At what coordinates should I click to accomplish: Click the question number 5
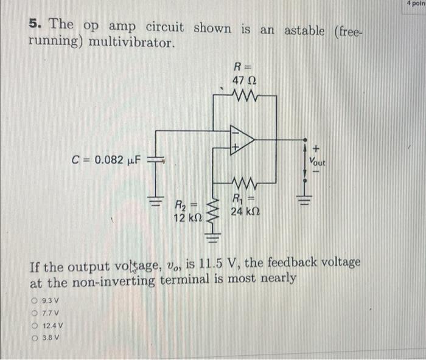tap(35, 24)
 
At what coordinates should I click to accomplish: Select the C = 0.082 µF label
tap(106, 160)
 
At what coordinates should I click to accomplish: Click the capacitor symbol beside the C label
tap(155, 159)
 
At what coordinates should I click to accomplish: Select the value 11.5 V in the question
tap(225, 263)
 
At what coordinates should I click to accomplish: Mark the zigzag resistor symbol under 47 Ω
tap(244, 95)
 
